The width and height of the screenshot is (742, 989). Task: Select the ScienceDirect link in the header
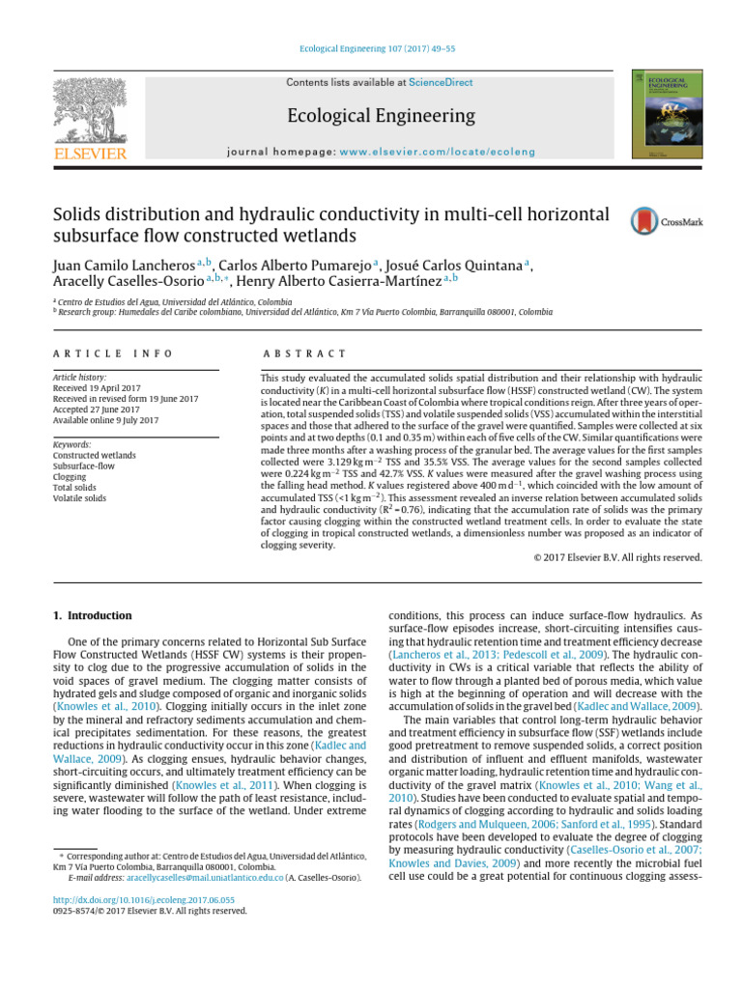pyautogui.click(x=441, y=83)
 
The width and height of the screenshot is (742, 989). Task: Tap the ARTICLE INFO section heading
pyautogui.click(x=113, y=354)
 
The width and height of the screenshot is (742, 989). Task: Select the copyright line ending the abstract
pyautogui.click(x=617, y=557)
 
